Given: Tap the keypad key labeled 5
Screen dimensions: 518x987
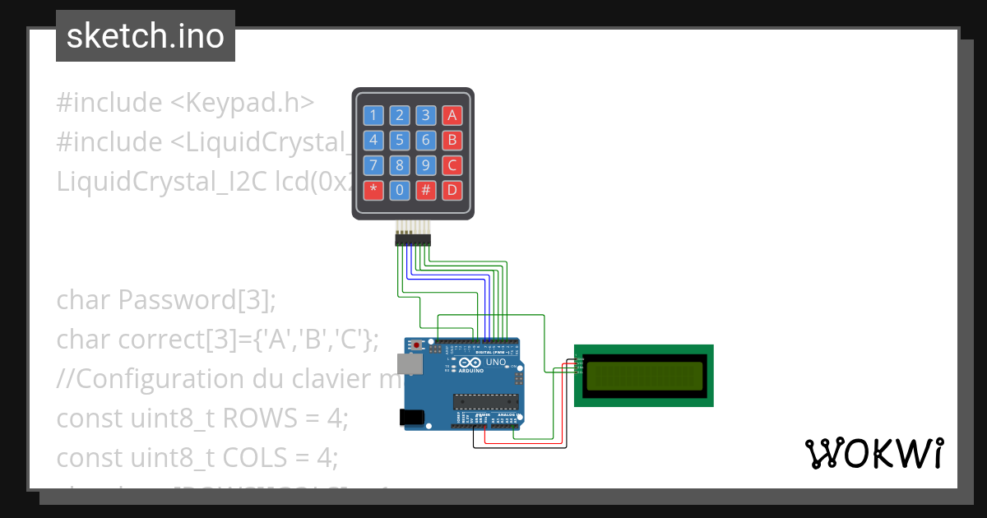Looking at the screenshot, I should [400, 140].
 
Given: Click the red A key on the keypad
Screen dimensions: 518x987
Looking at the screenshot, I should [452, 114].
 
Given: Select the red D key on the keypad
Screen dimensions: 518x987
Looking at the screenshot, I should [452, 191].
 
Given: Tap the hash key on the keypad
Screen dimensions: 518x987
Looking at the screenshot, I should [426, 191].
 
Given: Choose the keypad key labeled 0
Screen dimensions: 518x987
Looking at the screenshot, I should [400, 191].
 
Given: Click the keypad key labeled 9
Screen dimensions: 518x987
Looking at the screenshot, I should [426, 165].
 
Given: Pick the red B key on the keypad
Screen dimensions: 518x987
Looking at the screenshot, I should [452, 140].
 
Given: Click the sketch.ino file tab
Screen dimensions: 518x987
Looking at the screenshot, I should [146, 36].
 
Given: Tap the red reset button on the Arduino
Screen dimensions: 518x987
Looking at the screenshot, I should [417, 344].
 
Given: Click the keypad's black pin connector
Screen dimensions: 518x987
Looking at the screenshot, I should [413, 239].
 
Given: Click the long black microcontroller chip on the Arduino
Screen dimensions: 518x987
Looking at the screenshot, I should [488, 401].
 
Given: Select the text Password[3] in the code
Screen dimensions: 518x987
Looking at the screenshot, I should [197, 300].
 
